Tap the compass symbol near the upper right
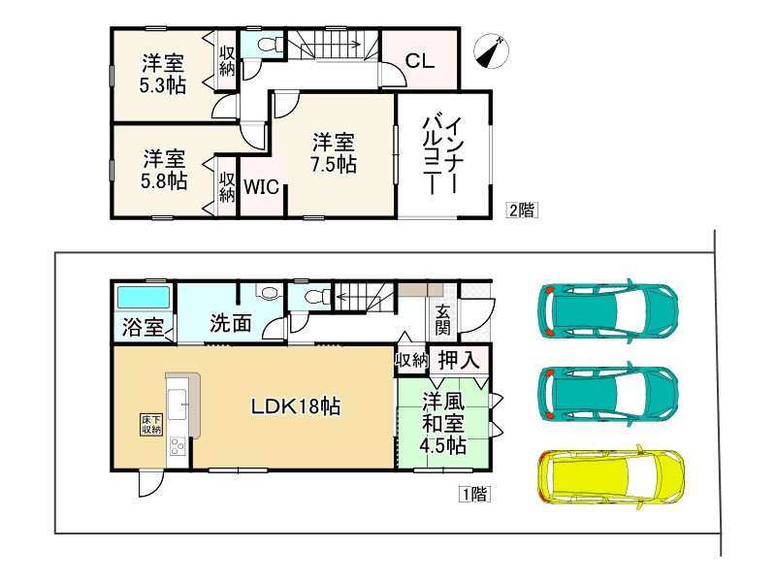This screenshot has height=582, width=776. (x=492, y=51)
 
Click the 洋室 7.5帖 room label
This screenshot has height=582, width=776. (x=333, y=151)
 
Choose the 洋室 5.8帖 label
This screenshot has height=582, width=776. (x=162, y=169)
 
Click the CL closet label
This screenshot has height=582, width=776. (x=419, y=61)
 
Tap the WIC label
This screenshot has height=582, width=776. (x=261, y=187)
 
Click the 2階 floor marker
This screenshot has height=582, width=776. (x=520, y=209)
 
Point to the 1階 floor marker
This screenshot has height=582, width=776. (x=474, y=494)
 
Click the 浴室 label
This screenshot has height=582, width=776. (x=142, y=328)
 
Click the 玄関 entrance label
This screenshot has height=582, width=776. (x=442, y=321)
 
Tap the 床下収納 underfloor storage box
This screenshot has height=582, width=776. (x=150, y=423)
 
